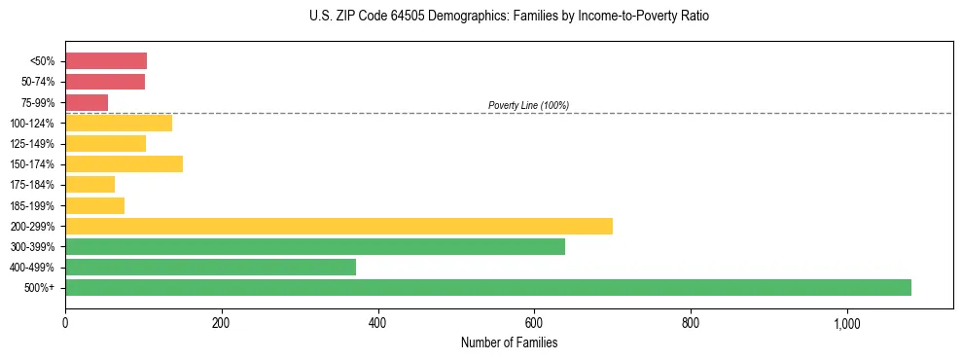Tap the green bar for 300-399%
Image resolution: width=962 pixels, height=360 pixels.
click(315, 246)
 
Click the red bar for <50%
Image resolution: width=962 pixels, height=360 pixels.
click(106, 61)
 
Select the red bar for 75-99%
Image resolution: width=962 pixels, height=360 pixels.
click(87, 102)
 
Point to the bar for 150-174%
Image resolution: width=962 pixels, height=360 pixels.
click(124, 163)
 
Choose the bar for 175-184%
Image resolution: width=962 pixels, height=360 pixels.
click(89, 184)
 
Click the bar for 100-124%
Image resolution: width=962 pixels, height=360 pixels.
click(119, 123)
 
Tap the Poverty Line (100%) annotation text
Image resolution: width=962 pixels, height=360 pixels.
click(528, 105)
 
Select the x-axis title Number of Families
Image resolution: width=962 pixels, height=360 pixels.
click(509, 342)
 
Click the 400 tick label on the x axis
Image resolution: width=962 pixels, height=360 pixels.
click(377, 322)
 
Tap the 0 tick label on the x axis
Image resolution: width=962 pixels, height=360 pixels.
click(65, 322)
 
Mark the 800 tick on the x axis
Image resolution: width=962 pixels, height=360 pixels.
click(690, 322)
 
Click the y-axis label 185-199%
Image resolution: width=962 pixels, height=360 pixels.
click(33, 205)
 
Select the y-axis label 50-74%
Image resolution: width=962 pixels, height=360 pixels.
click(37, 82)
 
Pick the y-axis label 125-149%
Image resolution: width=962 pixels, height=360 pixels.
click(33, 144)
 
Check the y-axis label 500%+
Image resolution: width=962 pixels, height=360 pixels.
click(40, 288)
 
